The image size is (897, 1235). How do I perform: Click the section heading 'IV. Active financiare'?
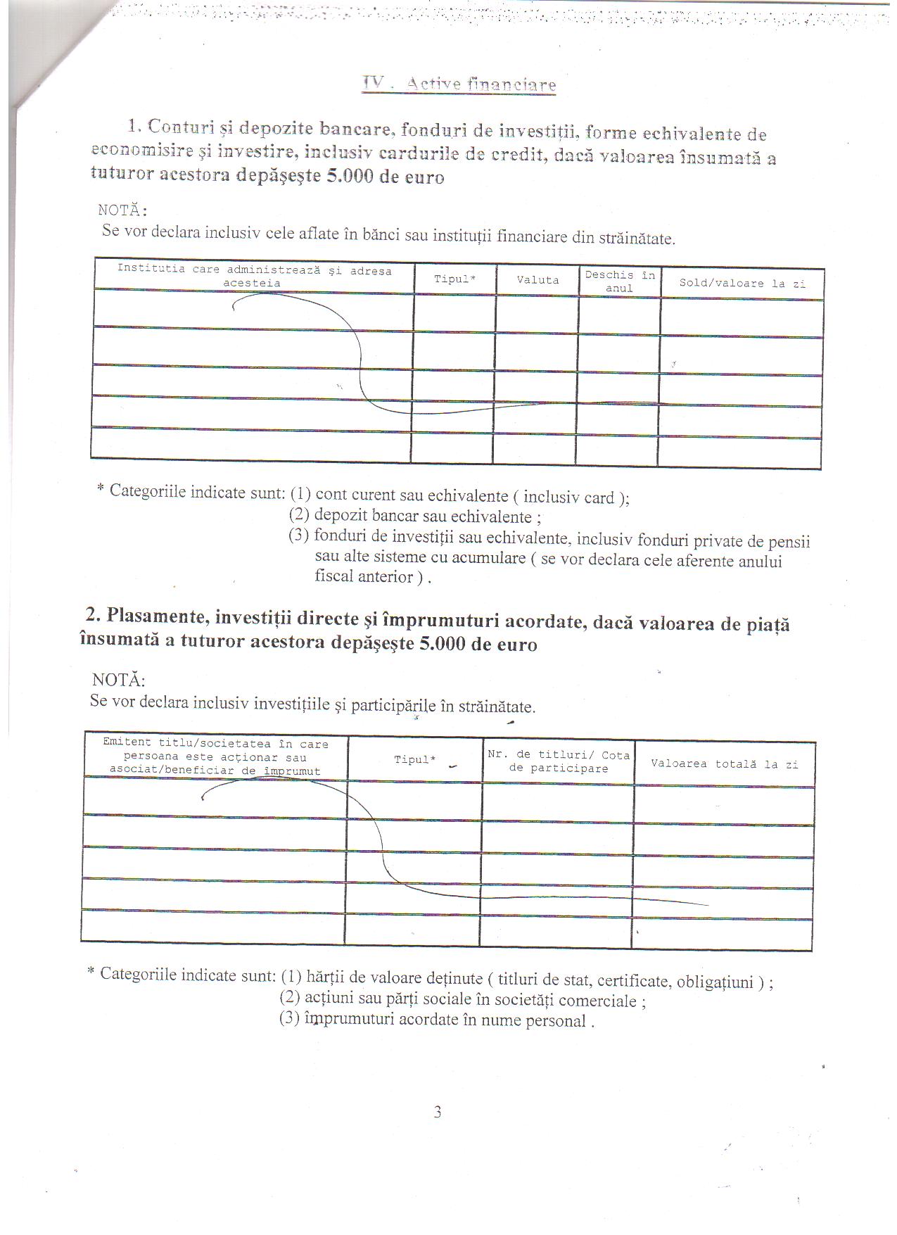tap(459, 84)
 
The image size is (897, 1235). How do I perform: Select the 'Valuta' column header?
tap(537, 280)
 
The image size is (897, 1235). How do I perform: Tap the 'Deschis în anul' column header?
tap(619, 281)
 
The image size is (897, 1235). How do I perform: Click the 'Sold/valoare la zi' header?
tap(742, 284)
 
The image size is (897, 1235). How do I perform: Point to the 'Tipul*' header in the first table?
tap(454, 279)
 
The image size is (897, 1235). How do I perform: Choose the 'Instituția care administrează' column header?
tap(253, 277)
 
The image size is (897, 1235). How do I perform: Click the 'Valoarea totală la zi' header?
tap(724, 764)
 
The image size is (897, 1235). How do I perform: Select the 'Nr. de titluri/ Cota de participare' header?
tap(558, 761)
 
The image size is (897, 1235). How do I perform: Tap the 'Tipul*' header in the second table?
tap(414, 760)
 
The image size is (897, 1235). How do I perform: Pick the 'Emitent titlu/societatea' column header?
tap(215, 757)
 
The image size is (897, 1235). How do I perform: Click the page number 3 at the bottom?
tap(438, 1113)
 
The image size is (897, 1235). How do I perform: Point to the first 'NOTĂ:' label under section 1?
tap(123, 210)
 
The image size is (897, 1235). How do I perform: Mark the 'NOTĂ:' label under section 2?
tap(118, 680)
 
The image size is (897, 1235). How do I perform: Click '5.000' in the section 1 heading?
tap(350, 177)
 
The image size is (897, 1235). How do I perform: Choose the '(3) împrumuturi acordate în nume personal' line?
tap(436, 1020)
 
